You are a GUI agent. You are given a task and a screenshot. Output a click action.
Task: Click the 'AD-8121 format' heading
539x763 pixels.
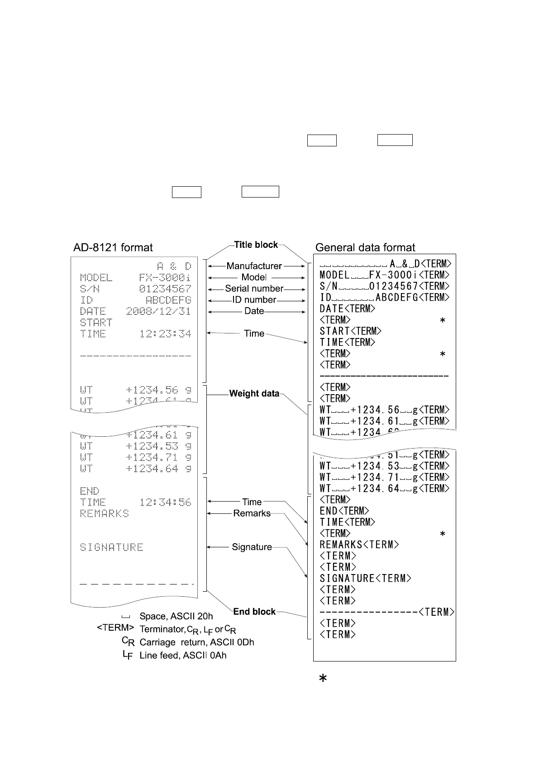click(113, 247)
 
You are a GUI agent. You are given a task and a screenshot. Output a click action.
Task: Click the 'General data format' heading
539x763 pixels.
click(365, 247)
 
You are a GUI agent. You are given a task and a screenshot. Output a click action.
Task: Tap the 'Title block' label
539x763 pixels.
click(256, 245)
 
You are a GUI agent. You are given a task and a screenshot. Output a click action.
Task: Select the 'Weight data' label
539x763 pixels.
click(254, 393)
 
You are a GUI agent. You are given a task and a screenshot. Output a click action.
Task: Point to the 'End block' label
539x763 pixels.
click(254, 612)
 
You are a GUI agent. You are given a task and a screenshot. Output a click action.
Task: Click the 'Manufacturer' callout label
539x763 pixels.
click(254, 266)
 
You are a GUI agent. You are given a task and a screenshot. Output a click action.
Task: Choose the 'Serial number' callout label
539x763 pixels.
click(254, 289)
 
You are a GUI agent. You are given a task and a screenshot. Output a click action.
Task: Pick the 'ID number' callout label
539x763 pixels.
click(254, 300)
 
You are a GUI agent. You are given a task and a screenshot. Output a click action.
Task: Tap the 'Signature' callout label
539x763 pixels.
click(252, 547)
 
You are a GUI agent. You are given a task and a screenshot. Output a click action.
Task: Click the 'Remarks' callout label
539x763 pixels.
click(252, 513)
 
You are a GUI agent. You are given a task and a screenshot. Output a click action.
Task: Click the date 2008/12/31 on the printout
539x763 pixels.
click(158, 311)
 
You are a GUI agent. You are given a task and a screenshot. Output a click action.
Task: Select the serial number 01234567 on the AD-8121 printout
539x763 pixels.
click(165, 289)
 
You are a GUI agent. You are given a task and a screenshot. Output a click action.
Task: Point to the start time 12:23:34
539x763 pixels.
click(165, 334)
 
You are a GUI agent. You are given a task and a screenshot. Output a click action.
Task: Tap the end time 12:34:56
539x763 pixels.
click(165, 502)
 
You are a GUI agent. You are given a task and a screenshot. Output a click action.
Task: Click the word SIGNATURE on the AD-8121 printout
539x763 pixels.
click(111, 547)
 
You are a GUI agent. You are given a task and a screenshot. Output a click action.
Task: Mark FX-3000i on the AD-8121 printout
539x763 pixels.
click(165, 277)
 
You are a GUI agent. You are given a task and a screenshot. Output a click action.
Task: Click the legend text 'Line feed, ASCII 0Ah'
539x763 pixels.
click(183, 655)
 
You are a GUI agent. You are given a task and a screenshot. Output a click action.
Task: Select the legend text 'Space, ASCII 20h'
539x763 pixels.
click(176, 616)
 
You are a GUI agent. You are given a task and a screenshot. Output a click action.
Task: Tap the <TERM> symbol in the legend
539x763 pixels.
click(115, 628)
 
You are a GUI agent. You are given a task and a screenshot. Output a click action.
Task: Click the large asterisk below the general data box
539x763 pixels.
click(323, 678)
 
